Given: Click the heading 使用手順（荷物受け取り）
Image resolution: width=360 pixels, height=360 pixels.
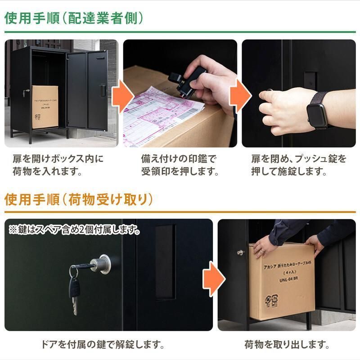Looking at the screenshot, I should pyautogui.click(x=79, y=199).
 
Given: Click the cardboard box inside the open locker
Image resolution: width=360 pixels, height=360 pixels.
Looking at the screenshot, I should pyautogui.click(x=45, y=107).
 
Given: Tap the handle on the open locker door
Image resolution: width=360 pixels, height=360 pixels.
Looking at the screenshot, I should pyautogui.click(x=103, y=90).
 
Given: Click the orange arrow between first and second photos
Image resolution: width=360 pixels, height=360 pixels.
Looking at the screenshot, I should pyautogui.click(x=121, y=94).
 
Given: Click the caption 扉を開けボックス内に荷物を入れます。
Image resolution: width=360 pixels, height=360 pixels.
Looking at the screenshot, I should pyautogui.click(x=58, y=165).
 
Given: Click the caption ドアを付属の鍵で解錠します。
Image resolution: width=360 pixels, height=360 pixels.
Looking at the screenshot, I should pyautogui.click(x=102, y=345).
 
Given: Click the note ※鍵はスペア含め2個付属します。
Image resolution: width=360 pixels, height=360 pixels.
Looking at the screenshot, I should pyautogui.click(x=74, y=229).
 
